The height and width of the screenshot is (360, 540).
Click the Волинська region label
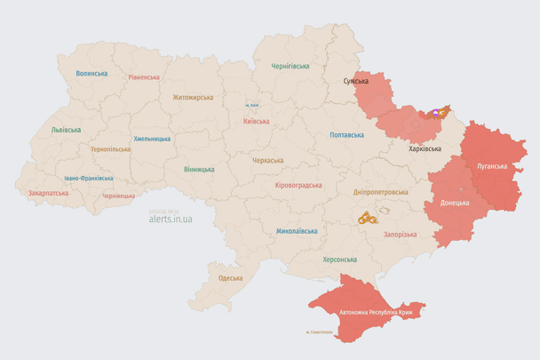(x=91, y=74)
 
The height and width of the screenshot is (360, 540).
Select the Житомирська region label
(x=192, y=97)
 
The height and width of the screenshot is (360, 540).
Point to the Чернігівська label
(x=290, y=66)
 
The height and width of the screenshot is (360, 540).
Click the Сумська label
(x=356, y=81)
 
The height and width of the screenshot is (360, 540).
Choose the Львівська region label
(x=66, y=130)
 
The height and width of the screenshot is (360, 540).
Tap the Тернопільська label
(x=110, y=149)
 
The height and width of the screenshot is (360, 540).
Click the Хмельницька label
(x=152, y=139)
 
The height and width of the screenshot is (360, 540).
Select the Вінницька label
(x=199, y=169)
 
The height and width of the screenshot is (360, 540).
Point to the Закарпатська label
(x=48, y=192)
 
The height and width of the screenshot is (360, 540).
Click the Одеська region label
(x=230, y=278)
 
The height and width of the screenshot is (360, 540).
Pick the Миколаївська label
(x=297, y=231)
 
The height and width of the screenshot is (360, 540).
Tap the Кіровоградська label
(x=298, y=185)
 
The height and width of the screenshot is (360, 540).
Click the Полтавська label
(x=346, y=135)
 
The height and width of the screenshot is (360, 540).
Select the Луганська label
(x=492, y=166)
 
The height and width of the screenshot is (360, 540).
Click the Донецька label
(x=455, y=203)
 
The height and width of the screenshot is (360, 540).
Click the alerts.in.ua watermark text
(x=171, y=220)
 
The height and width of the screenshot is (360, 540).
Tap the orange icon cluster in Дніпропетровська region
(x=367, y=217)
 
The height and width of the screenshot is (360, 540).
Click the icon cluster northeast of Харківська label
(x=438, y=114)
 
